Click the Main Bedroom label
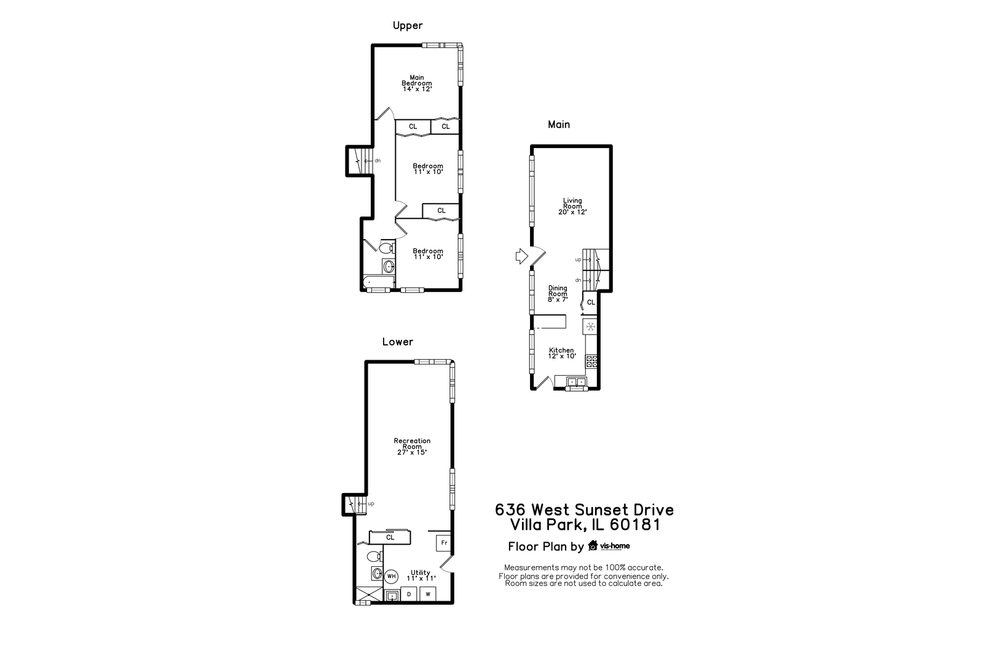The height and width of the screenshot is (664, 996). coord(417,83)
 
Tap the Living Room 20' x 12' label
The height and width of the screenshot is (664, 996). coord(572,207)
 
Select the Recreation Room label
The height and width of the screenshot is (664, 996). coord(412,446)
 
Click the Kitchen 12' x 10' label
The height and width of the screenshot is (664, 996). coord(561,353)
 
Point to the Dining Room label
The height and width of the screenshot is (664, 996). coord(558,293)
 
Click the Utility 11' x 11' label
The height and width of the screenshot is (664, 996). coord(421,575)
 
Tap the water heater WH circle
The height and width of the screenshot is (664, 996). coord(391,576)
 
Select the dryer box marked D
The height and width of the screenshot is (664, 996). coord(409,594)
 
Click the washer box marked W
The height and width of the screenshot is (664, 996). coord(428,594)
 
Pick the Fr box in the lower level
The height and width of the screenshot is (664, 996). coord(444,543)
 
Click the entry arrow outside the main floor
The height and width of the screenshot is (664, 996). coord(521,256)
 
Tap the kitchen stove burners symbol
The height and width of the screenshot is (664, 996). coord(591,361)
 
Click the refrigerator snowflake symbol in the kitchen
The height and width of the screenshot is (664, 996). coord(590,327)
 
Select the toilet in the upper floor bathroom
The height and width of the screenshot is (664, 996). coord(387,247)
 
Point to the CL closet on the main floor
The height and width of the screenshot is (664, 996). coord(590,302)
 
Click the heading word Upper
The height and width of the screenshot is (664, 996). coord(408,26)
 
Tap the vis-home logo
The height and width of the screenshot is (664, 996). coord(609,546)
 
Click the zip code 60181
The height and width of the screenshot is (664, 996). coord(635,525)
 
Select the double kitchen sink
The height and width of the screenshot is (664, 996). coord(577,382)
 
